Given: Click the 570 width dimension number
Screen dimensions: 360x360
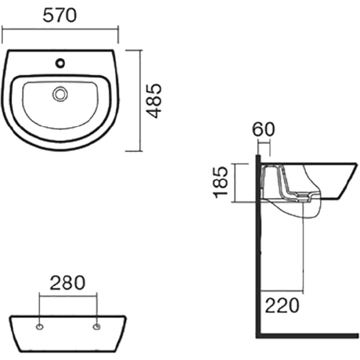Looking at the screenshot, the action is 60,16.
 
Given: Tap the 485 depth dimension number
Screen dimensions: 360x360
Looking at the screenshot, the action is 154,101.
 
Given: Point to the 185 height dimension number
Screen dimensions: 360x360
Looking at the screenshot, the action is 220,183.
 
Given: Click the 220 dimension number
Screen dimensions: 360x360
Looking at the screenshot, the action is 282,306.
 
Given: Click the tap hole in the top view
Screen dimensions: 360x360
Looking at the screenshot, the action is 60,63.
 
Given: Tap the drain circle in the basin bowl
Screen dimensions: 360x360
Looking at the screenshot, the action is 60,94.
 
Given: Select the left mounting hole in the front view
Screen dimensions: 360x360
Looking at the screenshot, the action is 40,327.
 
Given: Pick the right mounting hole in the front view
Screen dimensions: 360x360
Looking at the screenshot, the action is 96,327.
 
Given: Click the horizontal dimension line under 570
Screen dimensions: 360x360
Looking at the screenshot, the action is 60,29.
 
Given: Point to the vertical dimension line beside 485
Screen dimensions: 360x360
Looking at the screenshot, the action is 140,100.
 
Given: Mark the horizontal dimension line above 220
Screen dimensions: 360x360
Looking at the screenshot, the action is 283,291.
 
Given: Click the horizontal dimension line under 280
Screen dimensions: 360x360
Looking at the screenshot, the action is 68,296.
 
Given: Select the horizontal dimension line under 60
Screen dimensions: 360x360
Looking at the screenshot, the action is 264,144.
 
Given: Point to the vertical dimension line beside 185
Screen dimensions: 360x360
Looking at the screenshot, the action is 235,183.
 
